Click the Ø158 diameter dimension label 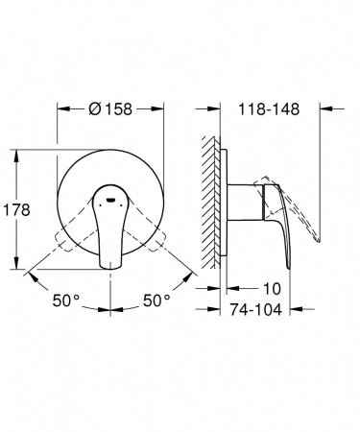114,108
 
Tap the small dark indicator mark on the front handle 113,200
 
